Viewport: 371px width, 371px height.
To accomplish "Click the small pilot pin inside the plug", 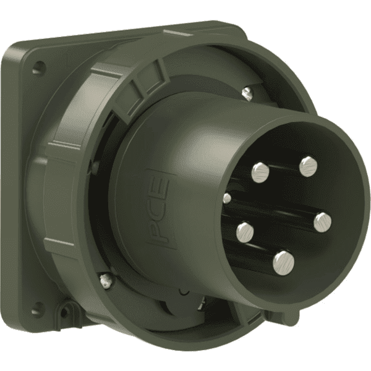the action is pos(227,198).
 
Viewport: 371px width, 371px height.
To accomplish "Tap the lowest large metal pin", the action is pos(283,263).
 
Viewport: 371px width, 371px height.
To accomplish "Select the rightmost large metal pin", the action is pos(323,223).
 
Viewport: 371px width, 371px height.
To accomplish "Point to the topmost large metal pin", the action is pos(309,166).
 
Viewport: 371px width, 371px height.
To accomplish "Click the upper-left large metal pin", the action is pos(260,173).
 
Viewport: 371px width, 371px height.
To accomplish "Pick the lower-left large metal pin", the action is pos(245,232).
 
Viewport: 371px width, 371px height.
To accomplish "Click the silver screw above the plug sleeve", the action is pos(247,93).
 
